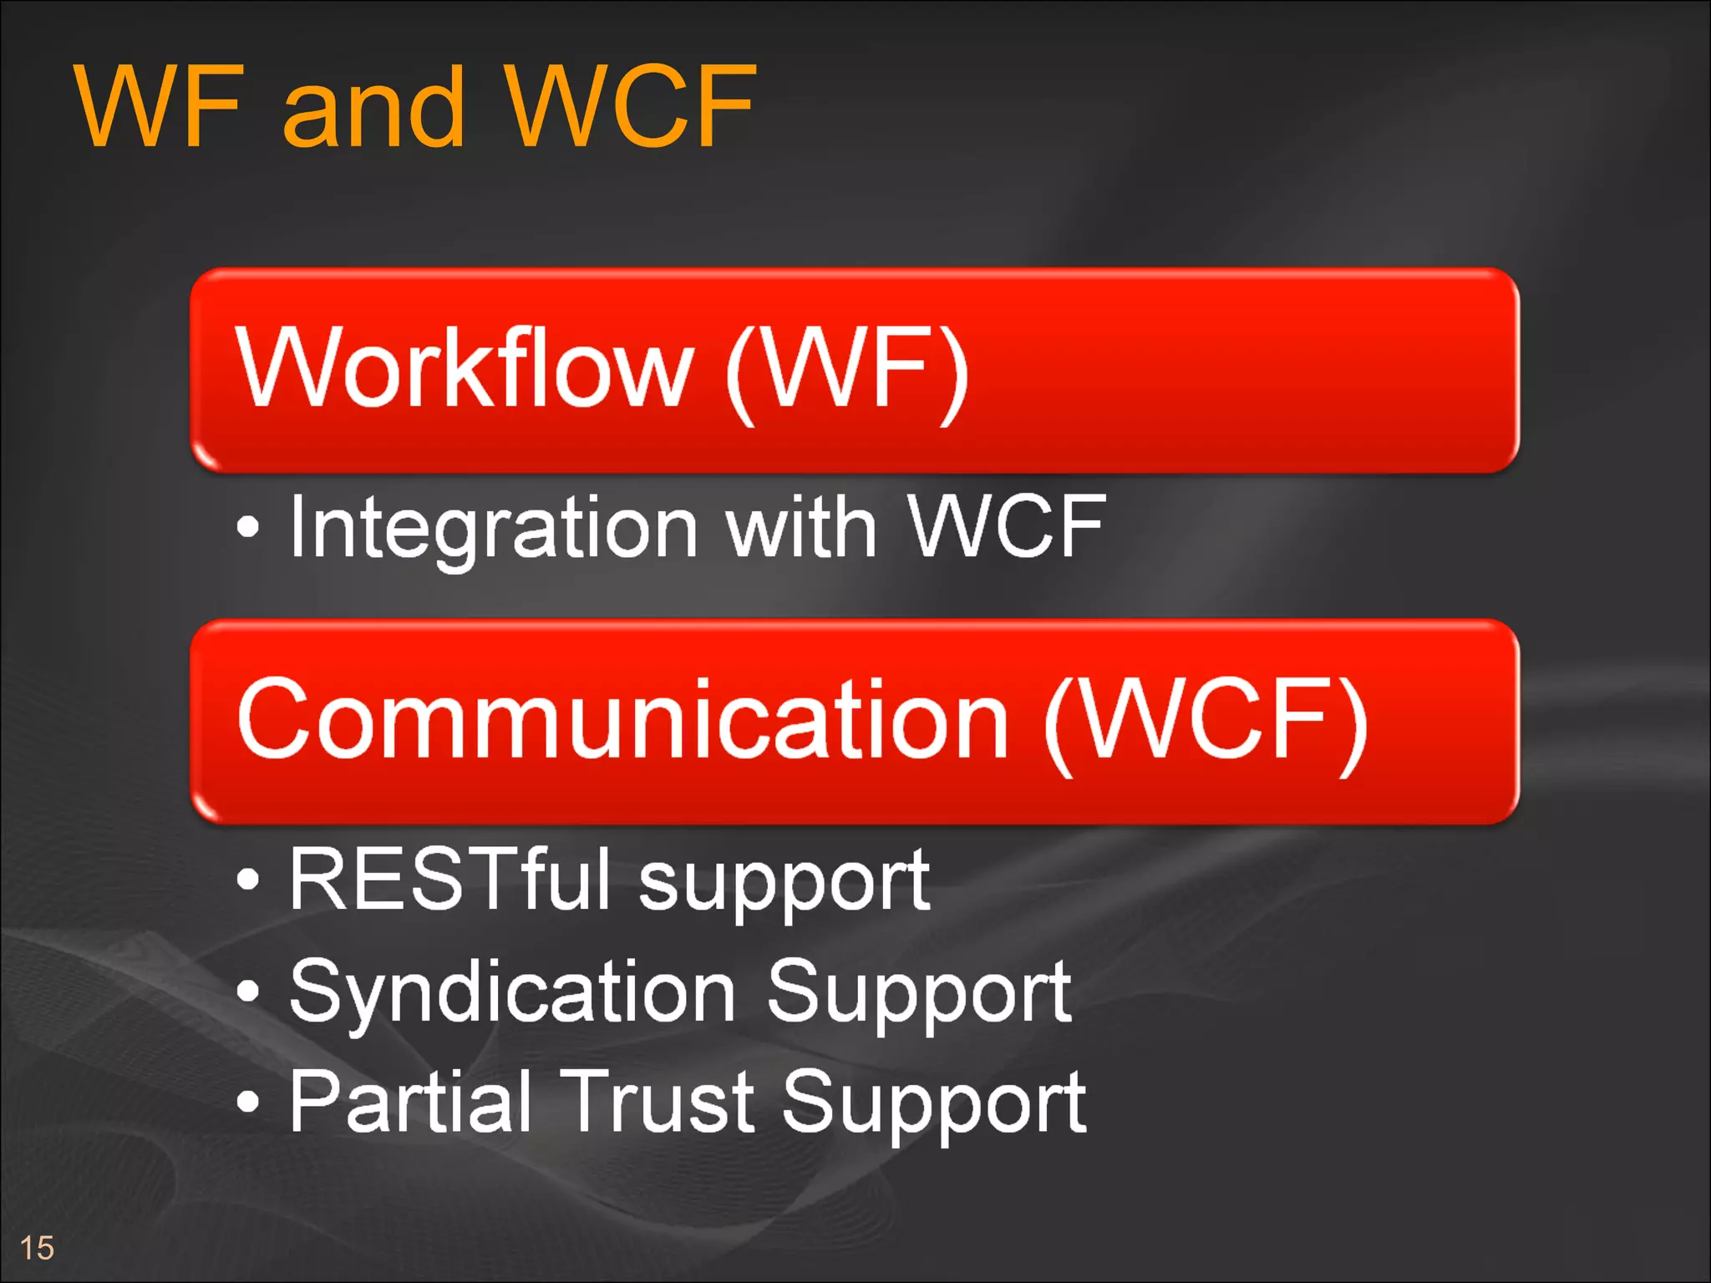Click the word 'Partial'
pyautogui.click(x=410, y=1103)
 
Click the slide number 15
pyautogui.click(x=37, y=1248)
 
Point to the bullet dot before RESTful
pyautogui.click(x=248, y=879)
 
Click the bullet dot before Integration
pyautogui.click(x=248, y=527)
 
